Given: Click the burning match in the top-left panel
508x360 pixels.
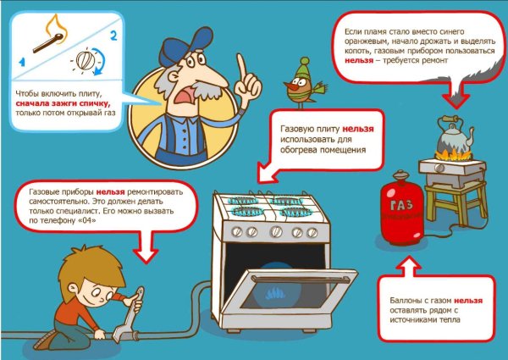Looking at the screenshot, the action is [48, 42].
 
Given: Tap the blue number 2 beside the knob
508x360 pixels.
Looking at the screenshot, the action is [113, 36].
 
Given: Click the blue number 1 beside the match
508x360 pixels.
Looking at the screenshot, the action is [22, 62].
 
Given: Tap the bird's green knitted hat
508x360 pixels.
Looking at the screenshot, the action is [303, 69].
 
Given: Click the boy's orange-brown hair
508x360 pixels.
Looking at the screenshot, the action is [91, 270].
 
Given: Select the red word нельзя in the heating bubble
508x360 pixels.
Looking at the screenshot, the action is [358, 129].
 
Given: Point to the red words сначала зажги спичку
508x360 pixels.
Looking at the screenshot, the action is [63, 103].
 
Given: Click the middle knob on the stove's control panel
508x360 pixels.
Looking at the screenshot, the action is [276, 231].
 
